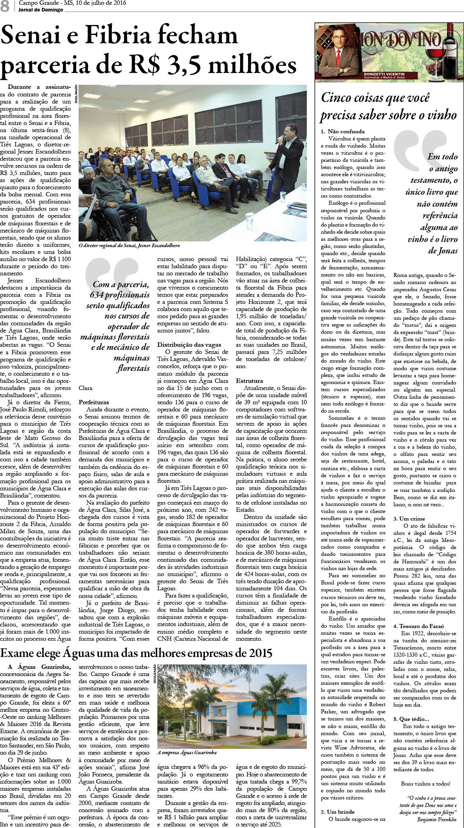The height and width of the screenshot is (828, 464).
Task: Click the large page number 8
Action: pyautogui.click(x=5, y=6)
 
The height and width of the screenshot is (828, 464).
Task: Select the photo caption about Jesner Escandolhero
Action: pyautogui.click(x=129, y=246)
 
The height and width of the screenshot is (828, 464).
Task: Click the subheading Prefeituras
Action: pyautogui.click(x=94, y=402)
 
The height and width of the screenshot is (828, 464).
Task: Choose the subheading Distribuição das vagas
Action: pyautogui.click(x=189, y=345)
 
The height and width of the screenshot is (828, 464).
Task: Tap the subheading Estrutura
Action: pyautogui.click(x=249, y=381)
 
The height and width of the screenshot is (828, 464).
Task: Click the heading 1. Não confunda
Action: pyautogui.click(x=343, y=131)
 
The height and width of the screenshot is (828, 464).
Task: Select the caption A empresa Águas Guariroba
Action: pyautogui.click(x=187, y=752)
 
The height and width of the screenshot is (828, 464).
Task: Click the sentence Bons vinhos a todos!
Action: pyautogui.click(x=425, y=784)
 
